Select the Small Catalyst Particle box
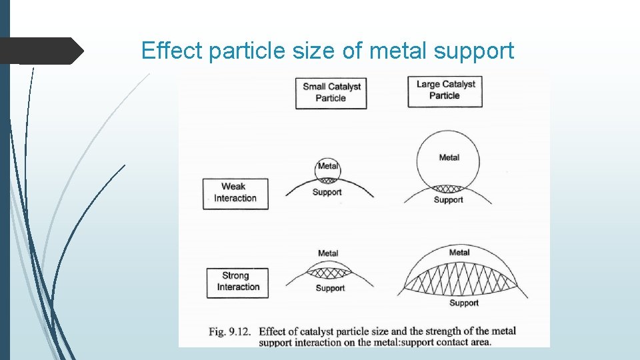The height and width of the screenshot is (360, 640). (331, 92)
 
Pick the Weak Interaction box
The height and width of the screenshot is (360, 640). (235, 193)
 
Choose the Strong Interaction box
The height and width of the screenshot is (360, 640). (237, 281)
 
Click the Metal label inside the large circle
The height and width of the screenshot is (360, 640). (449, 158)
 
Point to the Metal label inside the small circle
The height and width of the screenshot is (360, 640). (327, 166)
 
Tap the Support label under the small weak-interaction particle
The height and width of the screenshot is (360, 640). (327, 193)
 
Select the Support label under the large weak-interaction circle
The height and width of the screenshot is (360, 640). (448, 200)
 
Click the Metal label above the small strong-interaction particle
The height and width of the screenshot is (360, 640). (328, 253)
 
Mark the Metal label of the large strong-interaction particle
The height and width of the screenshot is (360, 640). (459, 253)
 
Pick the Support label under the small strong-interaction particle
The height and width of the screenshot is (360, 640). (330, 289)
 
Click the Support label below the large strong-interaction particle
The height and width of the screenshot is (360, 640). (464, 303)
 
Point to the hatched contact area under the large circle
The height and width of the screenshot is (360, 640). (448, 189)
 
